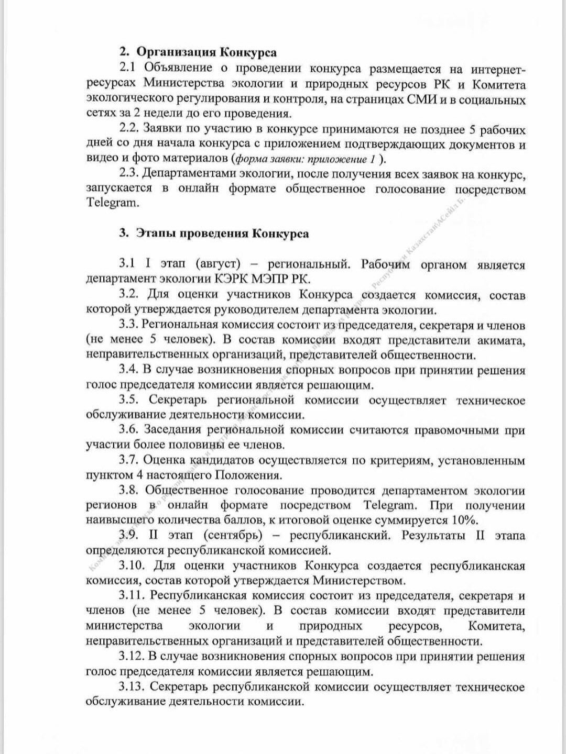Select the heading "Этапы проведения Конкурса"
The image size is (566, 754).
[222, 234]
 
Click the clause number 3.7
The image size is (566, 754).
[129, 460]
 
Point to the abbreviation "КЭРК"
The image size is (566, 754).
[234, 279]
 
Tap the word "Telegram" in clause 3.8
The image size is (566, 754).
[389, 505]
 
